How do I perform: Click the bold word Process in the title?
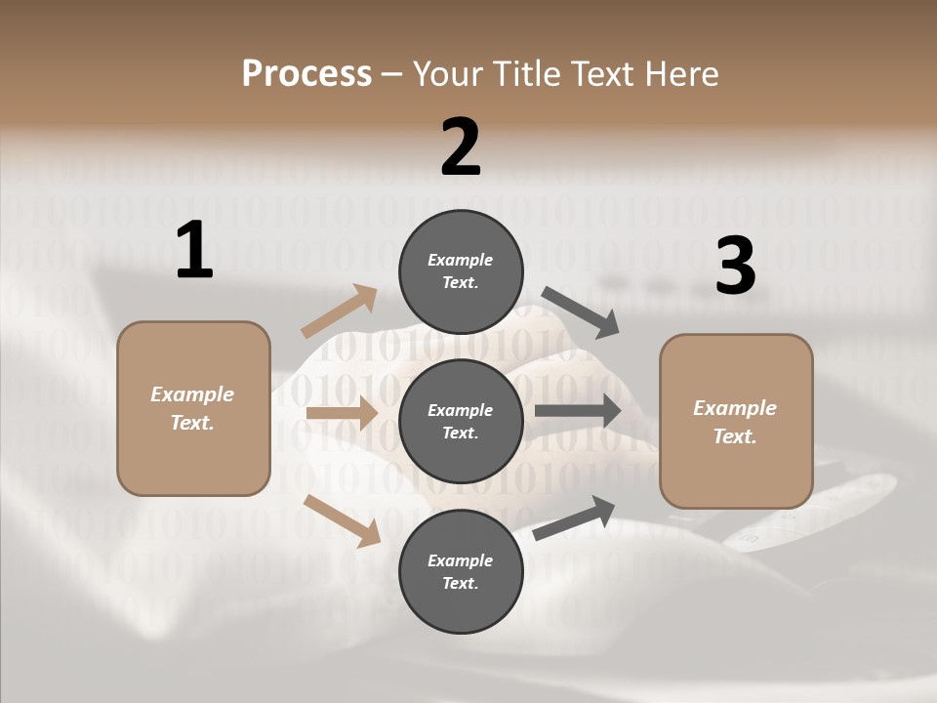(306, 73)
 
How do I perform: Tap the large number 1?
(194, 250)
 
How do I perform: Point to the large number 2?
(461, 147)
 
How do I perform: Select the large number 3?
(735, 266)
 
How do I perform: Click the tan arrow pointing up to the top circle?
(340, 311)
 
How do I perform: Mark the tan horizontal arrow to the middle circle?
(342, 413)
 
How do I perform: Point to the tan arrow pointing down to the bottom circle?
(343, 519)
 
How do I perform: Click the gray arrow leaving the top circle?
(581, 312)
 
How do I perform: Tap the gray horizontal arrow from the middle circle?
(578, 411)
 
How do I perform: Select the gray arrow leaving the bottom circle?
(574, 518)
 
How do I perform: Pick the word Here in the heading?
(680, 73)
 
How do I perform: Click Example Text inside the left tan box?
(192, 408)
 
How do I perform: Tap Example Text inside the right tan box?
(735, 422)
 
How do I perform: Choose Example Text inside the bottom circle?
(461, 572)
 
